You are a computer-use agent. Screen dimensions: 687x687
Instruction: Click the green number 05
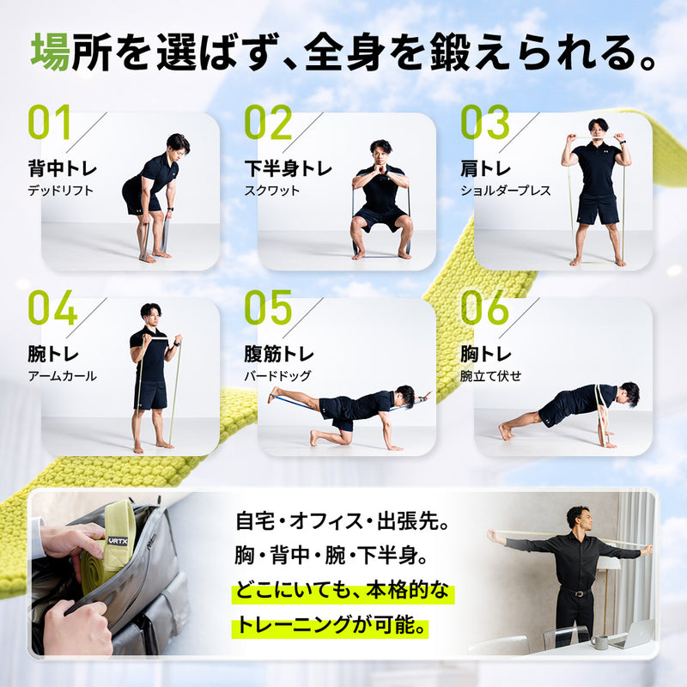[x=268, y=308]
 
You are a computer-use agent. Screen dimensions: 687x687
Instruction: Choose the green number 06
[x=485, y=308]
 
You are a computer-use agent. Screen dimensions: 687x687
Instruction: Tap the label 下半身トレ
[x=287, y=168]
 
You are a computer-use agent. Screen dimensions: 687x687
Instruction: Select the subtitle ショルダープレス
[x=505, y=191]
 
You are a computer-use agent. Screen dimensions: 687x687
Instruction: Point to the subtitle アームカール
[x=62, y=376]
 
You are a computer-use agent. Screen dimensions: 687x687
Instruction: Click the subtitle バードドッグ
[x=277, y=376]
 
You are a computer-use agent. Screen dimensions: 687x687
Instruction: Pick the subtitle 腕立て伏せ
[x=490, y=376]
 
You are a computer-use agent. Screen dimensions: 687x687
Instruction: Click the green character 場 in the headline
[x=50, y=53]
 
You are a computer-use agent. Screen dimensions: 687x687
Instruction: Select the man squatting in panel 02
[x=380, y=198]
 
